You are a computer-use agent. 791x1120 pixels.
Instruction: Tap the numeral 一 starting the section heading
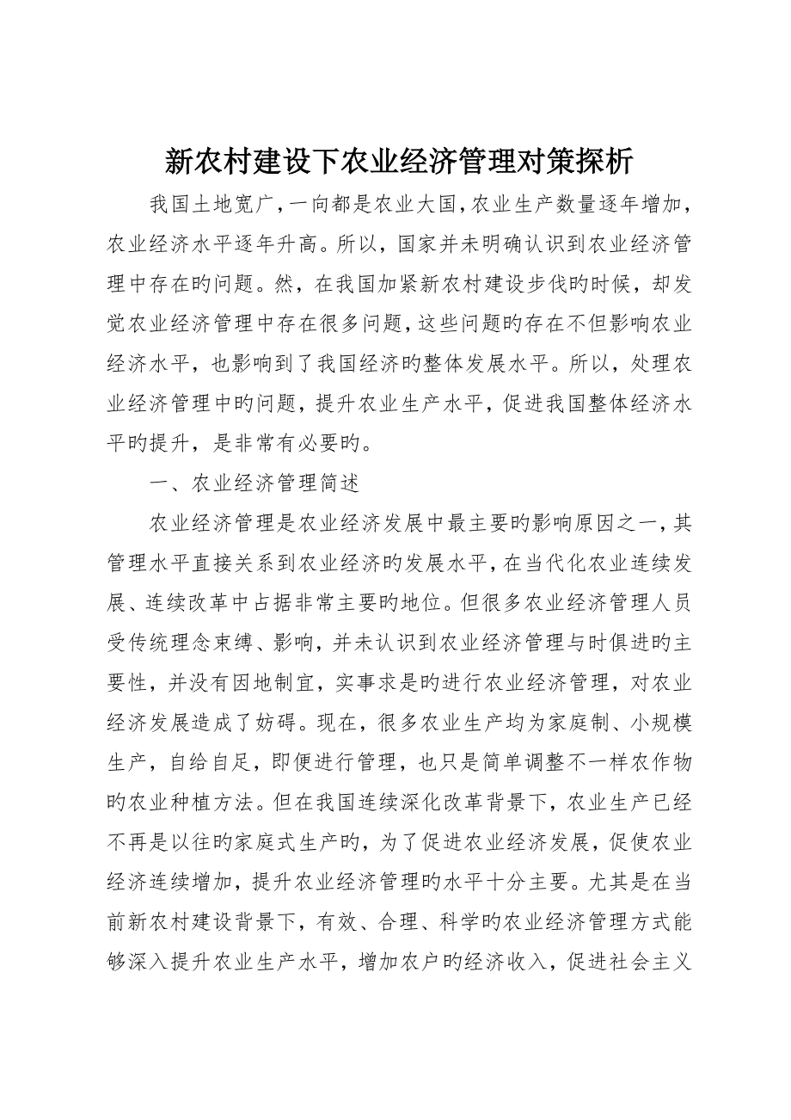coord(161,483)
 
